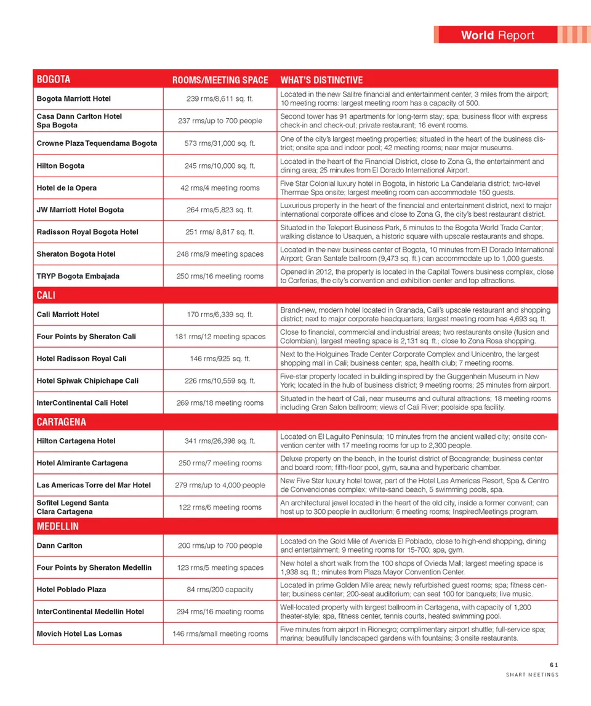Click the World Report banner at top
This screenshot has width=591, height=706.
click(x=497, y=35)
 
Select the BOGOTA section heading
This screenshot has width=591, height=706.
click(x=54, y=79)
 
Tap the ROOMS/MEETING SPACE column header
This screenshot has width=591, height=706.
click(x=220, y=80)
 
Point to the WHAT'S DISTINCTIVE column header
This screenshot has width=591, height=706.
click(x=321, y=80)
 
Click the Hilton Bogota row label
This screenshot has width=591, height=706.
click(x=60, y=166)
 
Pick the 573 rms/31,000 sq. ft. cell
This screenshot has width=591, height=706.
click(x=220, y=143)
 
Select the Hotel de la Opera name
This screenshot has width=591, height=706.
click(x=66, y=188)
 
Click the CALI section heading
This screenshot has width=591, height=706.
click(x=46, y=295)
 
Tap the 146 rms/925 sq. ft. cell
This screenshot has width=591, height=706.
click(x=220, y=359)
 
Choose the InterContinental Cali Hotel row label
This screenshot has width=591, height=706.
click(x=82, y=403)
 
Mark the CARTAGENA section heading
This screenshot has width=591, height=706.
click(x=62, y=422)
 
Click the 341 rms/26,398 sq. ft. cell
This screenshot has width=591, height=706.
click(x=220, y=441)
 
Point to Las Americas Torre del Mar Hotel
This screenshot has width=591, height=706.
click(x=94, y=485)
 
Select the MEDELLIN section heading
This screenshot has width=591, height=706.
click(x=58, y=527)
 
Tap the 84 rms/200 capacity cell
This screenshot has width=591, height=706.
click(x=220, y=590)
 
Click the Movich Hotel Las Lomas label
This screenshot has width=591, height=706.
click(x=79, y=633)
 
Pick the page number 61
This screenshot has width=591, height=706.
click(x=554, y=664)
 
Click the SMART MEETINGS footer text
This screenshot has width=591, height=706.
click(x=532, y=675)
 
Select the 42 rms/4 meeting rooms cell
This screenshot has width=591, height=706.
click(x=220, y=188)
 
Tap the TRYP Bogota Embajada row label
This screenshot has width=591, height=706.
click(x=78, y=276)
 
